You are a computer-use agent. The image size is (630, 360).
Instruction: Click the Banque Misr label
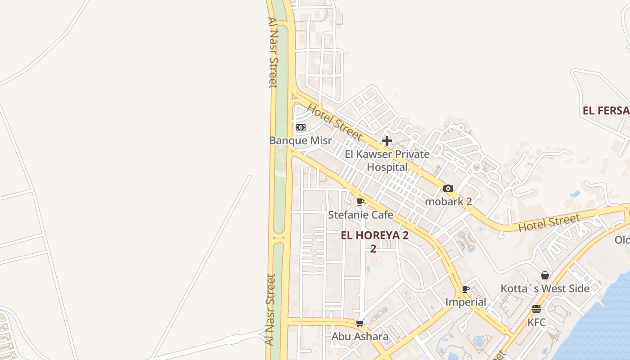[x=300, y=140]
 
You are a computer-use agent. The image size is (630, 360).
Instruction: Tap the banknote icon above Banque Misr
[x=300, y=127]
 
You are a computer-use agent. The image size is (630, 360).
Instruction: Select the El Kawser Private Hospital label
[x=387, y=161]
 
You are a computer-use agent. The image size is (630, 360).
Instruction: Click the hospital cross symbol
[x=387, y=141]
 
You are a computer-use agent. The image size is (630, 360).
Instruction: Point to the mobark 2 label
[x=448, y=201]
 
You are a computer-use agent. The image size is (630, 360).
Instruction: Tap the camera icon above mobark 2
[x=448, y=189]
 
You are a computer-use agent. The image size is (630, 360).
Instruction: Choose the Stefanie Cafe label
[x=360, y=215]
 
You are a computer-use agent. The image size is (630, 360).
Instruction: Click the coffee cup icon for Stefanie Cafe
[x=360, y=202]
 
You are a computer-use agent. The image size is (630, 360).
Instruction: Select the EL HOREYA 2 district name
[x=374, y=235]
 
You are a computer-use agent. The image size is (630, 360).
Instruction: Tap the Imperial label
[x=466, y=302]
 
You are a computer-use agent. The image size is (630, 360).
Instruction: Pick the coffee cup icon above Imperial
[x=466, y=289]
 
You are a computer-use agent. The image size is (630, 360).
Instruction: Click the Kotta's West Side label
[x=545, y=288]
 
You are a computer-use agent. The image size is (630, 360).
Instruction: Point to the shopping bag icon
[x=545, y=275]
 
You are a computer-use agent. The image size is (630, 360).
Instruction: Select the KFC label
[x=536, y=322]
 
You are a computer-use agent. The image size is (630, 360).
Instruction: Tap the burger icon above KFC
[x=536, y=309]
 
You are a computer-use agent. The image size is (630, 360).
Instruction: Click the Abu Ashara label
[x=360, y=337]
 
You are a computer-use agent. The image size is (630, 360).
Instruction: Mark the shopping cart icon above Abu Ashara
[x=360, y=324]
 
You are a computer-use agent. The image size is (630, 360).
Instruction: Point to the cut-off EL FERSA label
[x=606, y=110]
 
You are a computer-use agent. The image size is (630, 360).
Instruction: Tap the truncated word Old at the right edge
[x=622, y=240]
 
